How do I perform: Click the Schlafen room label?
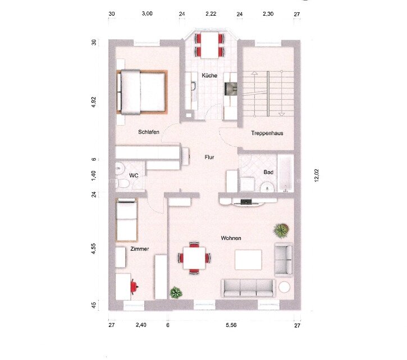149,132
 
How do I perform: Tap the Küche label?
210,75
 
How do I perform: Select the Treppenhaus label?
266,133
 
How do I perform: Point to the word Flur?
209,158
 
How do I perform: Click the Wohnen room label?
231,238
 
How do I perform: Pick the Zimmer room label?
139,248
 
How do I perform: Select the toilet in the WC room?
121,183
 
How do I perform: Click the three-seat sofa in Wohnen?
248,288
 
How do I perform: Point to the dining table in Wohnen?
195,258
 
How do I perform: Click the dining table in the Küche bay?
209,44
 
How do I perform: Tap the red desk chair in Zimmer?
134,286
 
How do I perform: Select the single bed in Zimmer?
126,220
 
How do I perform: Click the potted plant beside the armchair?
281,230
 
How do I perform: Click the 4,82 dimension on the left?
94,103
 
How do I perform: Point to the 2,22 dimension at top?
211,13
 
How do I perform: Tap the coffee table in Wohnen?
248,260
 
